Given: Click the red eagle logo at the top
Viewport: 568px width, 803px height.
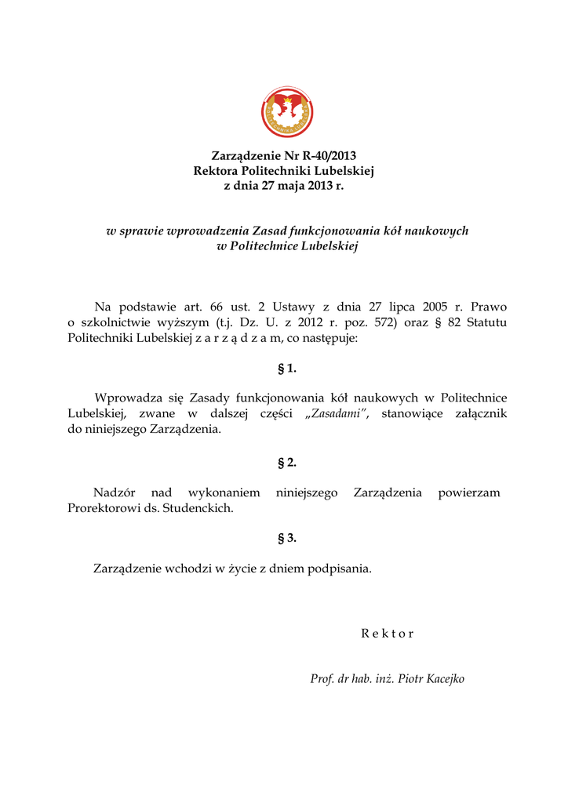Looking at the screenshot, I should tap(287, 112).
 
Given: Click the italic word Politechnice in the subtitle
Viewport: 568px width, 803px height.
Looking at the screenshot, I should tap(268, 246).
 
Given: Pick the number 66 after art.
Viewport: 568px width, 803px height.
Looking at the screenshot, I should tap(217, 307).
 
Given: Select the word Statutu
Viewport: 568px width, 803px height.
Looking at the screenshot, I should tap(486, 322).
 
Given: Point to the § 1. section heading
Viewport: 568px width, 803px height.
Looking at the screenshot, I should tap(287, 368).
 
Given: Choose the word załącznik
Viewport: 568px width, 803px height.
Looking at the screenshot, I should tap(475, 414).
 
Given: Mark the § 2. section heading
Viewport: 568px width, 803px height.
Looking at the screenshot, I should tap(287, 462).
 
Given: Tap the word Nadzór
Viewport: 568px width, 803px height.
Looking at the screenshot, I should tap(115, 492).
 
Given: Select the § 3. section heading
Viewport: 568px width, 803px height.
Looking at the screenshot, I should tap(287, 538).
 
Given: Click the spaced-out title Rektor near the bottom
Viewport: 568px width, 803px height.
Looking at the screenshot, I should tap(387, 634).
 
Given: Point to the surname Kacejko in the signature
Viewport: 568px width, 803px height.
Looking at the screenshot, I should tap(446, 679).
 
